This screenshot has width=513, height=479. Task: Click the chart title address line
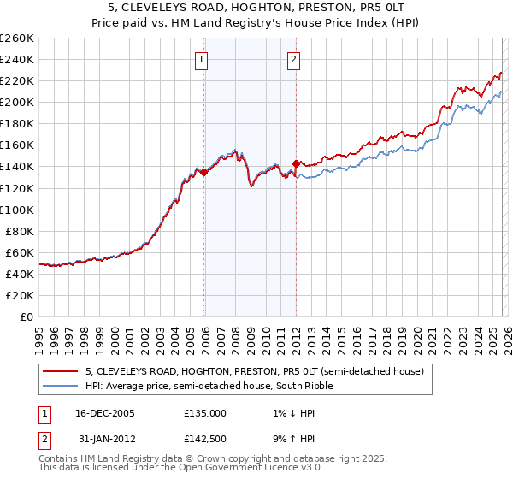[256, 8]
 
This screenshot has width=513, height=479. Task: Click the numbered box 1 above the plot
[201, 60]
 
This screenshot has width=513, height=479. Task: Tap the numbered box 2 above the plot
[293, 60]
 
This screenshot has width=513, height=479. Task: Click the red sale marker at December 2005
[204, 172]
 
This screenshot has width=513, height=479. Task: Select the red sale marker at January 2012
[296, 163]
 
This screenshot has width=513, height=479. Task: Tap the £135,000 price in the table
[205, 412]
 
